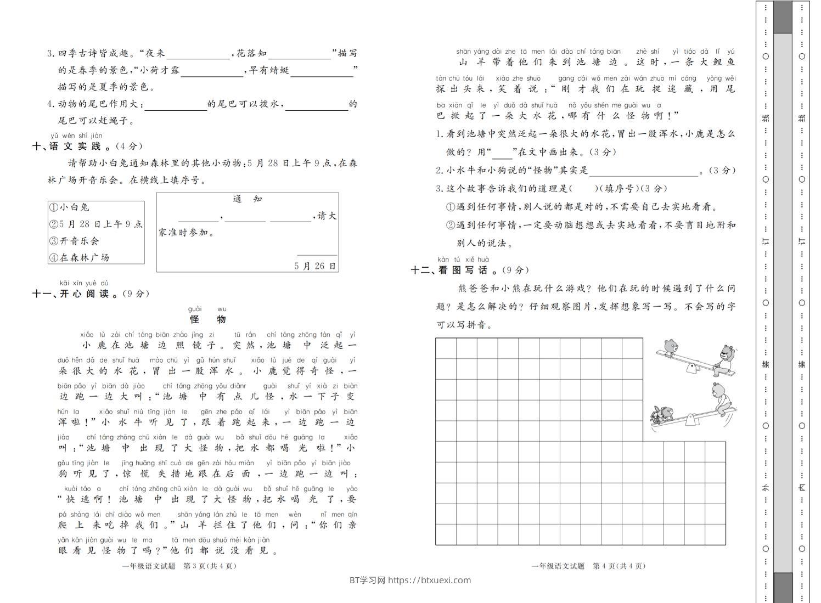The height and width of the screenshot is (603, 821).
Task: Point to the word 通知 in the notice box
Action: point(248,199)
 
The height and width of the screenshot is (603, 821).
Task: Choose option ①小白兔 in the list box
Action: point(70,207)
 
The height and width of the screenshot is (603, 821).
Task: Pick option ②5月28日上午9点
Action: point(96,224)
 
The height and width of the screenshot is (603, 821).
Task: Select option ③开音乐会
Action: point(75,241)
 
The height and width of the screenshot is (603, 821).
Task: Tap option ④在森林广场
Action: point(80,257)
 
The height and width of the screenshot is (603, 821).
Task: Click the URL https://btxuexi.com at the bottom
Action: point(429,581)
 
